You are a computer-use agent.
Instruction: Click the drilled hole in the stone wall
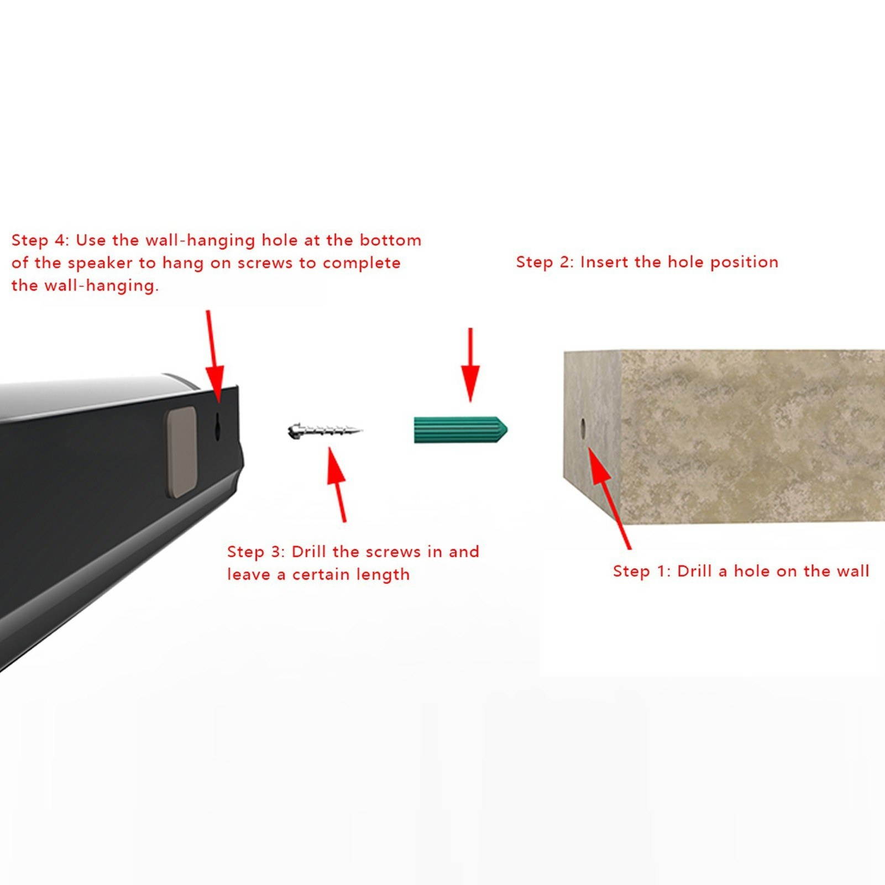pos(583,428)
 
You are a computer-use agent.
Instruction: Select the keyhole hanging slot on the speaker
pos(218,427)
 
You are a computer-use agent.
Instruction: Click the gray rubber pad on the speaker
pos(182,452)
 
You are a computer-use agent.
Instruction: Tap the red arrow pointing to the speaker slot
pos(212,354)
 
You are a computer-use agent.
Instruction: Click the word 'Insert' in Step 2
pos(604,262)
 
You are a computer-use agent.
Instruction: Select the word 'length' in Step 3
pos(383,575)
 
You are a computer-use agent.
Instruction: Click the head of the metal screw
pos(294,430)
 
